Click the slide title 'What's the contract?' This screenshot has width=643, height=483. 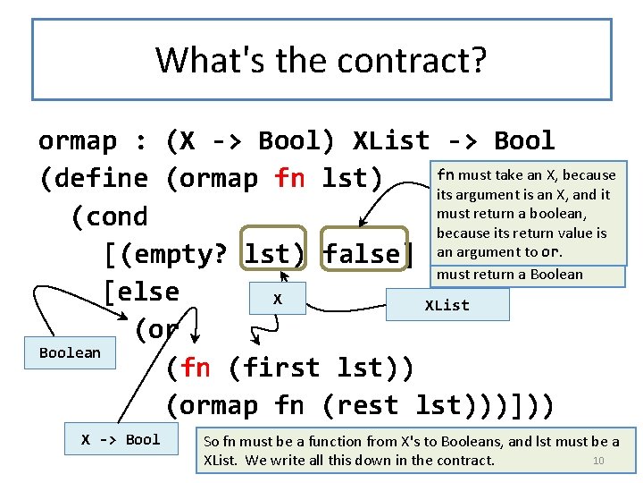(321, 60)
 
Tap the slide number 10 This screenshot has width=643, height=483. (599, 461)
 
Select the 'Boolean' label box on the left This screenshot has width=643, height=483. (70, 352)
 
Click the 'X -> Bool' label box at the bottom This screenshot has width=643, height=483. (121, 439)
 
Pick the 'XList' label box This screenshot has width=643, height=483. (447, 305)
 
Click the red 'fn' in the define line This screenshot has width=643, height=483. (290, 178)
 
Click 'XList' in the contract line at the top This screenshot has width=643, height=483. (391, 140)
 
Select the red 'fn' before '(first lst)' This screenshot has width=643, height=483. (196, 368)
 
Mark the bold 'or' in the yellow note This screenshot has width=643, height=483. (551, 252)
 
